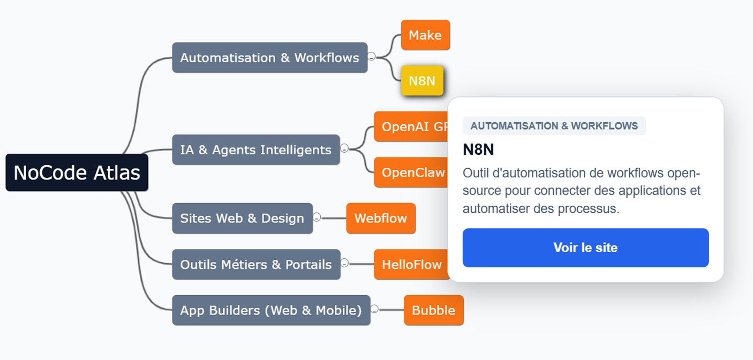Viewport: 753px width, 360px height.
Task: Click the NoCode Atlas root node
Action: [x=77, y=172]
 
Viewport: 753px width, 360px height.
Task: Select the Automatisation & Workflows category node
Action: [x=269, y=58]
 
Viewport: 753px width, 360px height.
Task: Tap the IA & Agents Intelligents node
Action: [x=255, y=150]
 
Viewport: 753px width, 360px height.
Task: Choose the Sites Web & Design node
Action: [x=242, y=219]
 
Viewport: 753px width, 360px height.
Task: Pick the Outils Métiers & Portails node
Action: [x=256, y=265]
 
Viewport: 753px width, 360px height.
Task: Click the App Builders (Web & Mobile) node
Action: [x=271, y=310]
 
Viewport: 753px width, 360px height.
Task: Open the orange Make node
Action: [x=425, y=35]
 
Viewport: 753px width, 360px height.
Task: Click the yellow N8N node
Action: [x=422, y=81]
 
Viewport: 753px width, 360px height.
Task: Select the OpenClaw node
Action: [x=412, y=172]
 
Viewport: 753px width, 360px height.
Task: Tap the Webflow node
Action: [x=381, y=219]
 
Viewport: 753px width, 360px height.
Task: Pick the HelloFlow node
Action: [x=411, y=265]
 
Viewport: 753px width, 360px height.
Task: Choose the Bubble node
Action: [x=433, y=310]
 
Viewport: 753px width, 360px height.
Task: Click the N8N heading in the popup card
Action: [x=478, y=149]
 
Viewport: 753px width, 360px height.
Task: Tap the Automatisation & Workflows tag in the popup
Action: [x=554, y=126]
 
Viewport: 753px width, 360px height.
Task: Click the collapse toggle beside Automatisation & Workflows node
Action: [x=371, y=56]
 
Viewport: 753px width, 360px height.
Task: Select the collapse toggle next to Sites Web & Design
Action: [x=317, y=217]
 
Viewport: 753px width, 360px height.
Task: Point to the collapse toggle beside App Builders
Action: [x=374, y=309]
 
